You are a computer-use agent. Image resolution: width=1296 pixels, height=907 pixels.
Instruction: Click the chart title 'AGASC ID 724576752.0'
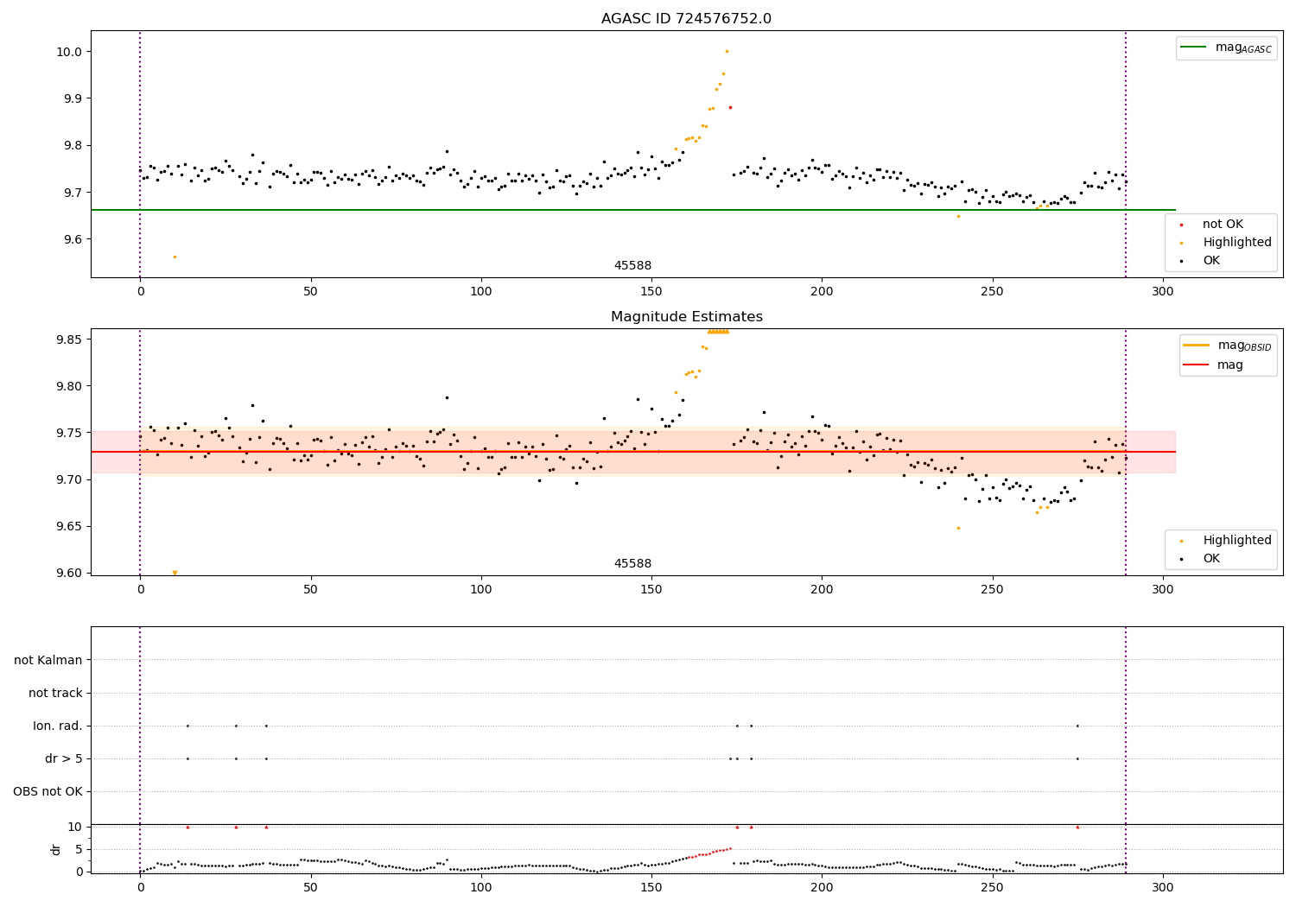click(x=686, y=19)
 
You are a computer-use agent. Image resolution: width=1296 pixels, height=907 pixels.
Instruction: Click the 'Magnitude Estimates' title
click(x=686, y=317)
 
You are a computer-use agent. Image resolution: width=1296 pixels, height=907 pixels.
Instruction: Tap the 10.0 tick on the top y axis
click(x=69, y=52)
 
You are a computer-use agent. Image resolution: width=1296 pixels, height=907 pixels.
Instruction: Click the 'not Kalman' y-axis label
click(x=48, y=660)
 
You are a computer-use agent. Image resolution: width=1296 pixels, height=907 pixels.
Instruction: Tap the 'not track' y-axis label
click(x=55, y=693)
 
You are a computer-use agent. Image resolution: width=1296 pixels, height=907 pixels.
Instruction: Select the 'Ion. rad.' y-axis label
click(x=58, y=726)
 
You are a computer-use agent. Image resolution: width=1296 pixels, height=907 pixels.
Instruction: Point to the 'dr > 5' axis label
click(x=64, y=758)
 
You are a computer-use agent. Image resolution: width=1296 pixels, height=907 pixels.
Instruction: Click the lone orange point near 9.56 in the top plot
click(x=175, y=257)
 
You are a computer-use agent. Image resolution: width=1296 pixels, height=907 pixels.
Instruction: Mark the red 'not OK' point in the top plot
click(x=730, y=107)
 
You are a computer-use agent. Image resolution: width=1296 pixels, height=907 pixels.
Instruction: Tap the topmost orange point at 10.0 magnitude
click(x=727, y=51)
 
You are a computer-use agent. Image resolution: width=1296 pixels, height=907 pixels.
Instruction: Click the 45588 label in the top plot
click(x=632, y=266)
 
